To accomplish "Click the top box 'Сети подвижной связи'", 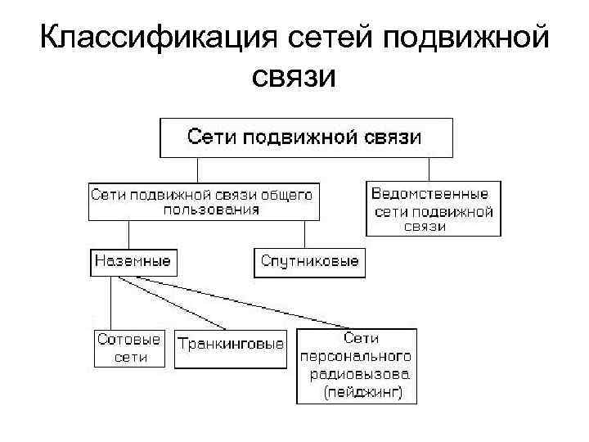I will point(305,137).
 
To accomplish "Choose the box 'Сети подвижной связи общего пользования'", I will point(204,201).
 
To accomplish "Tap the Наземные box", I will point(133,261).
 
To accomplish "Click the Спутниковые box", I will point(310,262).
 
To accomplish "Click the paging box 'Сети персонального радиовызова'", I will point(356,366).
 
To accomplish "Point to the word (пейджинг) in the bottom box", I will point(361,394).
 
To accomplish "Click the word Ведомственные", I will point(429,194).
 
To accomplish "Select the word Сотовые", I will point(129,339).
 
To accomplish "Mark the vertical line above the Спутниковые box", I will point(305,234).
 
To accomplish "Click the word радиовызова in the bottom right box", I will point(359,376).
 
